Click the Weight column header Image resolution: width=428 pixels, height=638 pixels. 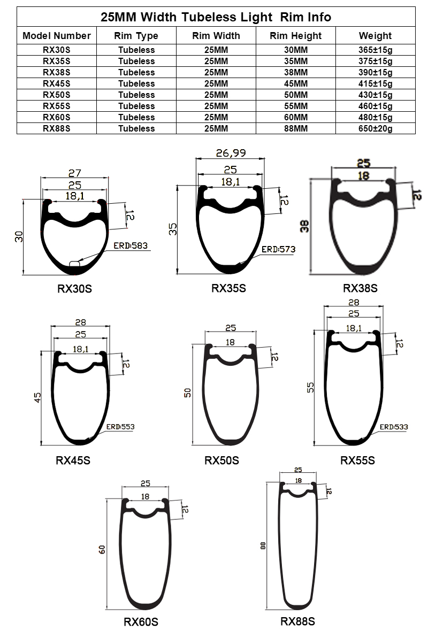(x=375, y=36)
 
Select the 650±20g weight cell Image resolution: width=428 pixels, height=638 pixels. (x=375, y=128)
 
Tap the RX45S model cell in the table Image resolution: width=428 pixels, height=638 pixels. (x=57, y=84)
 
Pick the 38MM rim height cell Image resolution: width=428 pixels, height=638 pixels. (x=296, y=72)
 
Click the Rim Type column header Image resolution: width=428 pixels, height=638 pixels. (x=136, y=36)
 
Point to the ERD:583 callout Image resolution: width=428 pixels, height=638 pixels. (x=131, y=246)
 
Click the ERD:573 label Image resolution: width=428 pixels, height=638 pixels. (x=278, y=249)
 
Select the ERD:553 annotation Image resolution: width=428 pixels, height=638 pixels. (x=120, y=427)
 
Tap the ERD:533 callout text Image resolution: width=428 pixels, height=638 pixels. (x=393, y=427)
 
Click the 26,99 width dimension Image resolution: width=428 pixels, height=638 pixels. (x=231, y=153)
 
